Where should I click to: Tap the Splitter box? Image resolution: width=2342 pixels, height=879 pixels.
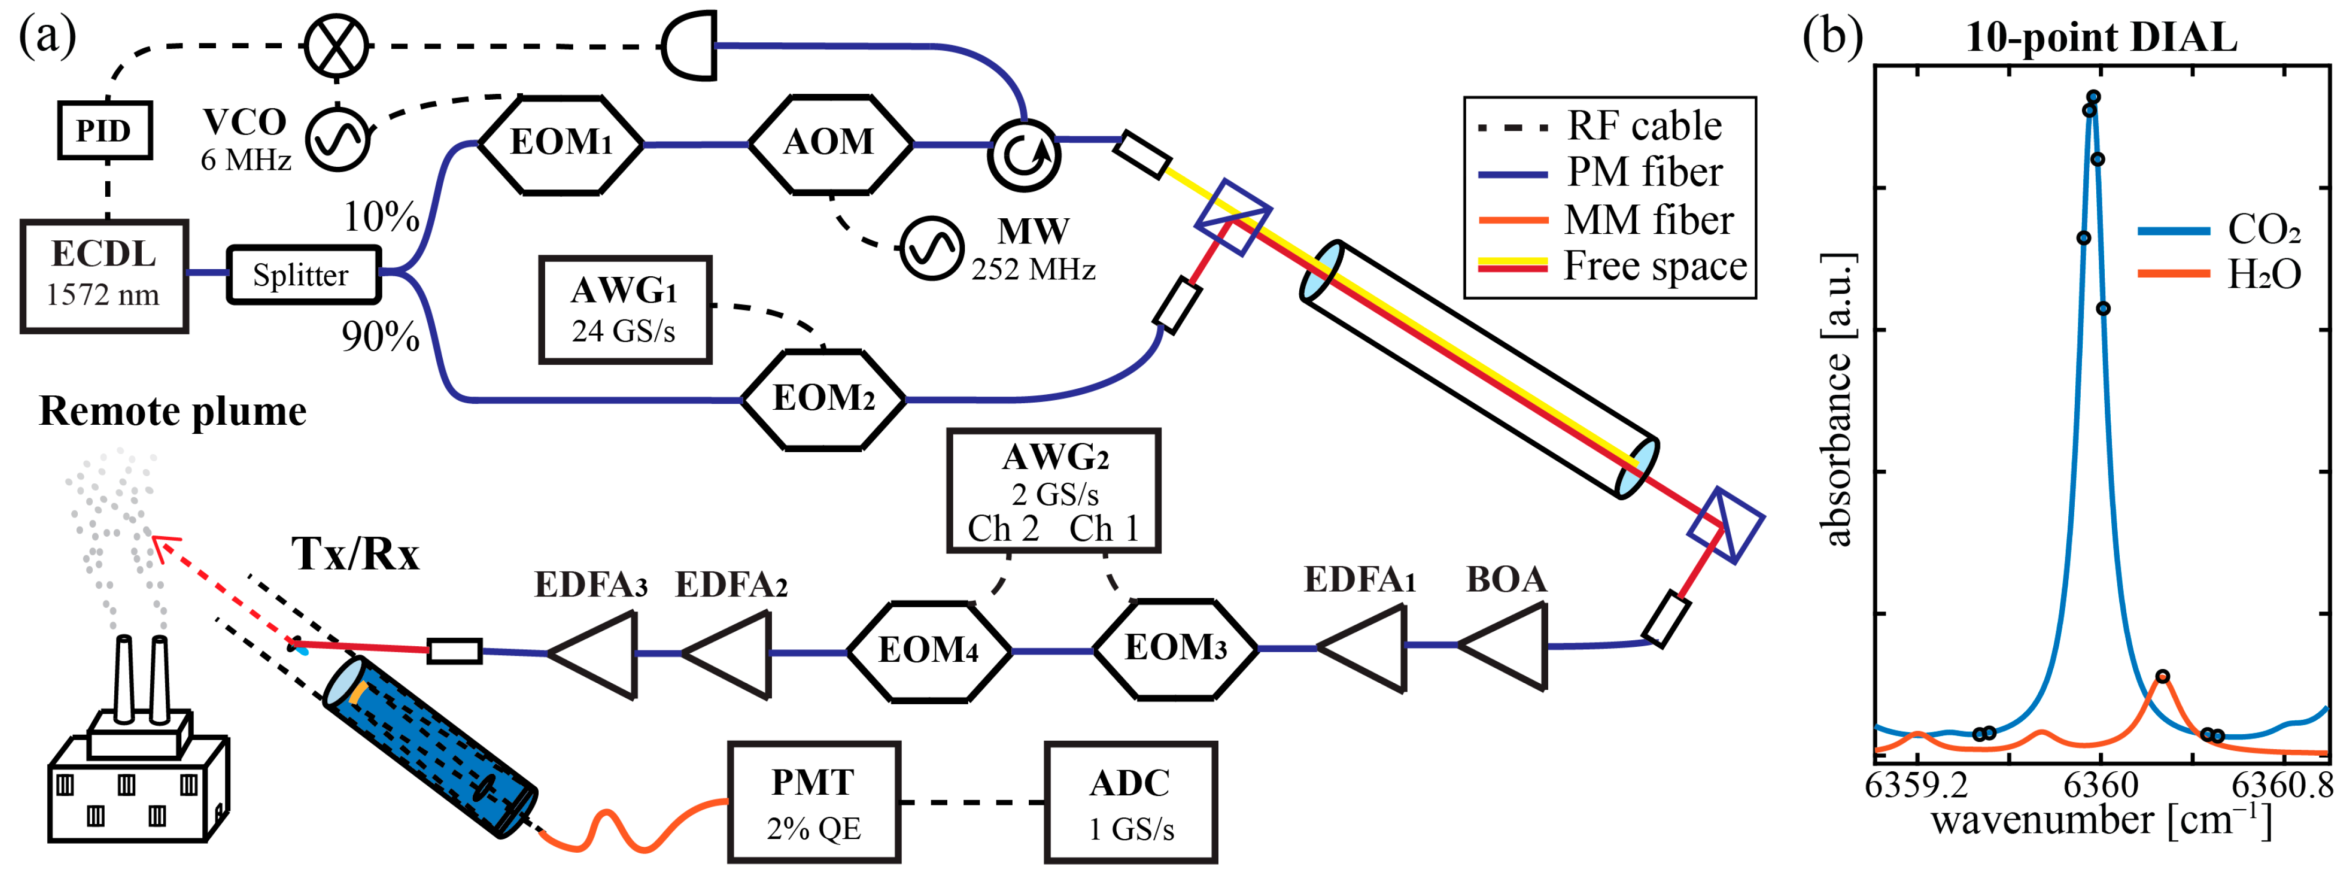(302, 275)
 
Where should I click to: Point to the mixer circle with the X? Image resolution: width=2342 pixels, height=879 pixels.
(336, 46)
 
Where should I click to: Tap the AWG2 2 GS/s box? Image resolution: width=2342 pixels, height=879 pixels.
(1053, 491)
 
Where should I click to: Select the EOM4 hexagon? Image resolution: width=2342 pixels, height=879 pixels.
(928, 651)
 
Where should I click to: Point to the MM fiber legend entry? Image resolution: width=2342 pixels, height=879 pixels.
(1648, 220)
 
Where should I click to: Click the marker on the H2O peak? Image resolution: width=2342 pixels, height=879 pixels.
(2163, 676)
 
